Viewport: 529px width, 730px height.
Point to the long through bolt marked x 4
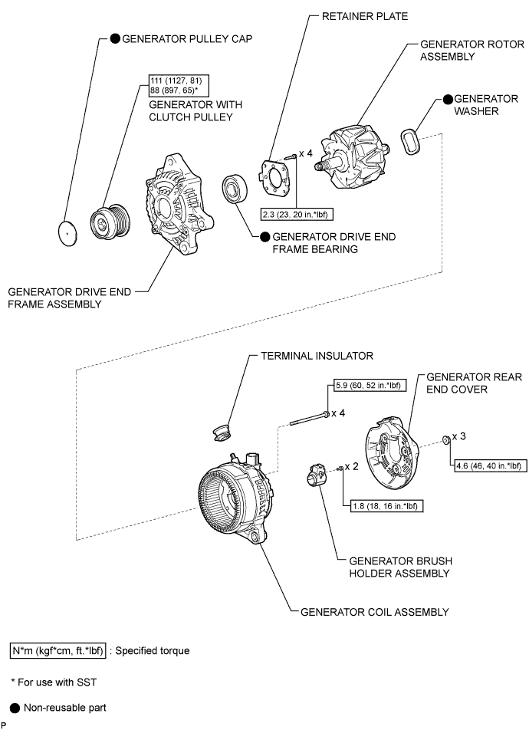(308, 418)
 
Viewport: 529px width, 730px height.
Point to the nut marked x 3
(445, 440)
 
